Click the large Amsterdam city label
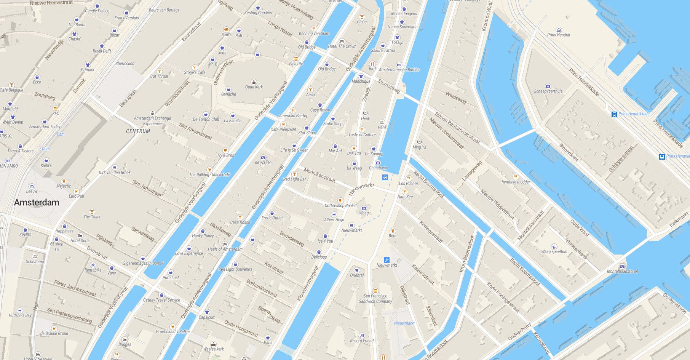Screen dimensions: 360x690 37,203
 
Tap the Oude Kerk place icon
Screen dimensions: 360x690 254,82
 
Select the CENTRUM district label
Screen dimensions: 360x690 138,131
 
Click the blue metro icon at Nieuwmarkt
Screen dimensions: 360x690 387,260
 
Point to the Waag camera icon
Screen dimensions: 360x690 364,208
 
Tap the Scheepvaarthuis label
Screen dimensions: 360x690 548,91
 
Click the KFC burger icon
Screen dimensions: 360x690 56,109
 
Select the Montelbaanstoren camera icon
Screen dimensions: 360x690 622,266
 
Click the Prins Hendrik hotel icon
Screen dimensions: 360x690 559,30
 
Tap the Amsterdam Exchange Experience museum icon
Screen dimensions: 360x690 152,113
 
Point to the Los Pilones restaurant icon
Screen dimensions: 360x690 409,178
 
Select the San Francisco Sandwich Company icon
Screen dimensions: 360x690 375,291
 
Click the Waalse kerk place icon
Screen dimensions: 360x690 213,344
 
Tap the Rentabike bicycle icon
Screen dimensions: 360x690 93,265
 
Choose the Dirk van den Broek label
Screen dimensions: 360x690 115,173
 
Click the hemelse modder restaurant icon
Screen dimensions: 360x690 516,177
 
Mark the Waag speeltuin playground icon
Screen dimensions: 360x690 554,246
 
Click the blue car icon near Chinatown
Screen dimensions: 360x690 385,177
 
